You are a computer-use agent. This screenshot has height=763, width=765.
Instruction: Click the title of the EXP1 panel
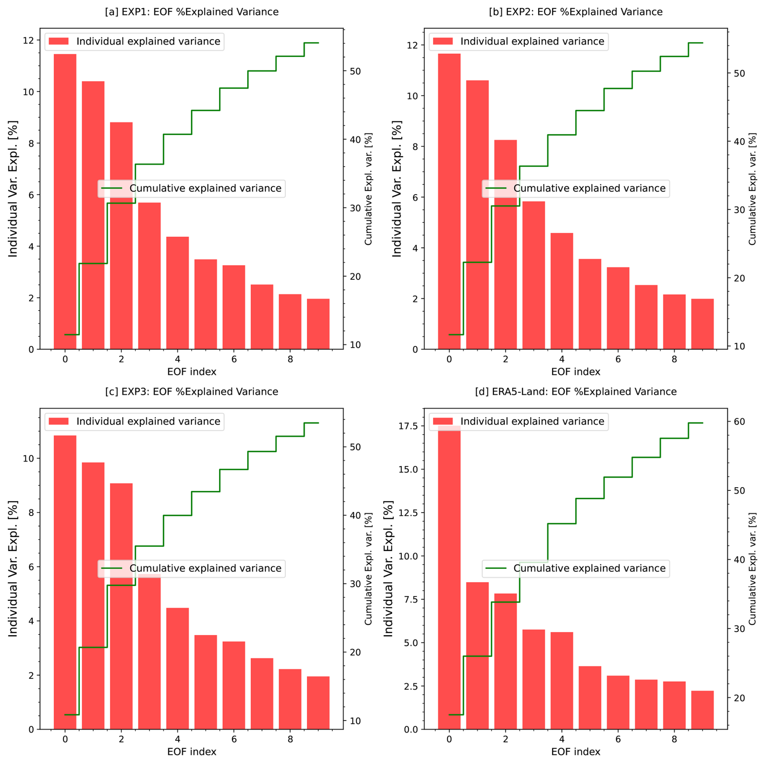click(192, 12)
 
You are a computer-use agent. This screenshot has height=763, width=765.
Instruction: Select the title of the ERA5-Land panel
click(575, 391)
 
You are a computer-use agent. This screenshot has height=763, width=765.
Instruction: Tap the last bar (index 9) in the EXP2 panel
click(702, 323)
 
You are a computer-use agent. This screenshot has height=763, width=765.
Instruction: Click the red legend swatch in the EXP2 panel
click(443, 41)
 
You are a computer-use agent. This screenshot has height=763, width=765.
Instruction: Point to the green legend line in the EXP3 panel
click(112, 568)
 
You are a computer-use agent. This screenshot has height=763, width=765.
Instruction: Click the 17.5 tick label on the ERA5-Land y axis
click(408, 426)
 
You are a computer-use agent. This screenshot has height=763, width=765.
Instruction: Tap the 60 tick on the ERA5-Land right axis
click(740, 421)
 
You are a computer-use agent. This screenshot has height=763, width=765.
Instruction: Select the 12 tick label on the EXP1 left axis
click(28, 40)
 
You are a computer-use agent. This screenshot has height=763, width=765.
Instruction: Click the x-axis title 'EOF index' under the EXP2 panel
click(575, 372)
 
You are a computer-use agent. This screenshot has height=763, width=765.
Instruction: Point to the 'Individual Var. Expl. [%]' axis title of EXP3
click(13, 568)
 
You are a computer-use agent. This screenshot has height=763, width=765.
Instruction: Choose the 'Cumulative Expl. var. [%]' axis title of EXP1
click(368, 188)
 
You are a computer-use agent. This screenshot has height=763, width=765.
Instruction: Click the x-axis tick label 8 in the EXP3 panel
click(290, 739)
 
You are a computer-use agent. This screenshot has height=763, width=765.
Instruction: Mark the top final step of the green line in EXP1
click(311, 43)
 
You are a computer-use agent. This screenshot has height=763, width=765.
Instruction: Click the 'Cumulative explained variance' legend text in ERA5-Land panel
click(589, 568)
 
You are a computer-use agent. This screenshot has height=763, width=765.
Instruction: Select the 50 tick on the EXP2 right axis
click(740, 73)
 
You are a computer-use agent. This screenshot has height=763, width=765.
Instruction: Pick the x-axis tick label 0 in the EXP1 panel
click(65, 359)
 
